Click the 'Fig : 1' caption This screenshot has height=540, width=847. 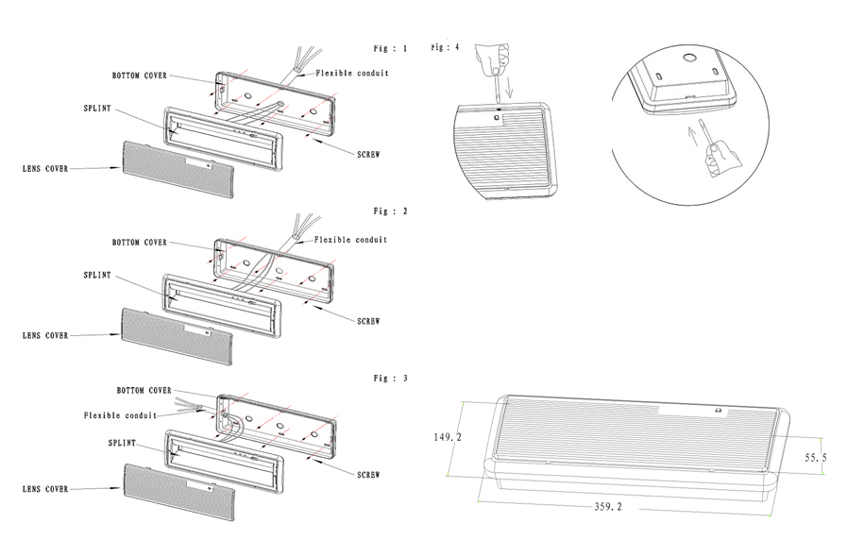coord(390,48)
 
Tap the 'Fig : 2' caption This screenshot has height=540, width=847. coord(390,211)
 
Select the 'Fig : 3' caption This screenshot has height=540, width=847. coord(390,378)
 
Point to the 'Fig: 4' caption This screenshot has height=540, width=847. coord(445,46)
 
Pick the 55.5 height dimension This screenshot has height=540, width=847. coord(817,456)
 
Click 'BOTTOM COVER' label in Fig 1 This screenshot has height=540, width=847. coord(140,75)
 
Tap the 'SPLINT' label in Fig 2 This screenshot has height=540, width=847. coord(96,275)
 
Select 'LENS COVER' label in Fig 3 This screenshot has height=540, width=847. coord(45,488)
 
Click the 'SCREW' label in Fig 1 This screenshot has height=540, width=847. coord(368,153)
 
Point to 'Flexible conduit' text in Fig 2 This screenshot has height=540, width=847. coord(350,240)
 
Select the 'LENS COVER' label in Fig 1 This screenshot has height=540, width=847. coord(45,169)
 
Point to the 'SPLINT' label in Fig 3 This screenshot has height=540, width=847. coord(123,442)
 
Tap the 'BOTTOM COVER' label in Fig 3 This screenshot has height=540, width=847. coord(144,389)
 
